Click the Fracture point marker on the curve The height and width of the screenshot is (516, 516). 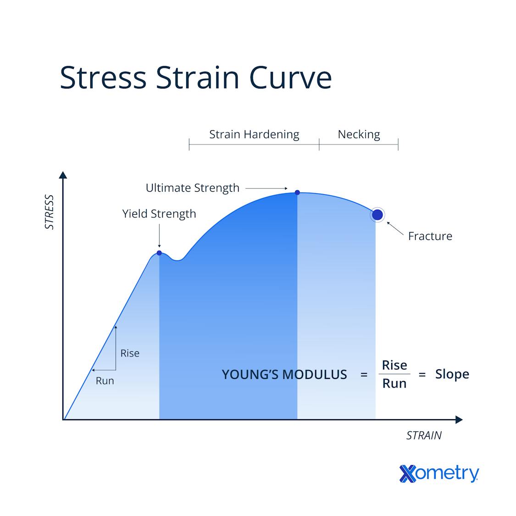[x=377, y=215]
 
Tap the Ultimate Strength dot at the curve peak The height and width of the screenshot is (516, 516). [x=297, y=193]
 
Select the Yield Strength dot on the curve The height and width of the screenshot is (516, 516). [x=159, y=253]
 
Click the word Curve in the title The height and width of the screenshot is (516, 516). [x=290, y=78]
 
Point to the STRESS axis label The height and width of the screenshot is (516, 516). [x=49, y=212]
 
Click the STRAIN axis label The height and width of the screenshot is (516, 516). [x=424, y=435]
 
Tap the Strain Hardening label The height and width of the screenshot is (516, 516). [x=254, y=134]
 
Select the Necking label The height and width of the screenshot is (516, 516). [x=359, y=134]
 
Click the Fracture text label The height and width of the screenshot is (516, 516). [x=430, y=236]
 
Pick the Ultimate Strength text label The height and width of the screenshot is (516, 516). [x=192, y=188]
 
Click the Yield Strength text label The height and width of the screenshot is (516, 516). [x=159, y=214]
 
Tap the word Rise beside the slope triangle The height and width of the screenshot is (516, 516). [x=130, y=353]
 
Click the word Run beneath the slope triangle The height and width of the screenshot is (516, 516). [x=105, y=381]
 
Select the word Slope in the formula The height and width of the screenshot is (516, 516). [x=452, y=374]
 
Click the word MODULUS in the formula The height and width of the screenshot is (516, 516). [x=314, y=375]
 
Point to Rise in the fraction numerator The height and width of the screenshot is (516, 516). [x=394, y=365]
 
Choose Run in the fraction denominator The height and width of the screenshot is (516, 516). [x=394, y=383]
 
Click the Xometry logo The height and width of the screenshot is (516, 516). [x=439, y=473]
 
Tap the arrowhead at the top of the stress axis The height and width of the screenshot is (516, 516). [x=63, y=175]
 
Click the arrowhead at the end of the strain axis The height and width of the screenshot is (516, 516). [x=459, y=419]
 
